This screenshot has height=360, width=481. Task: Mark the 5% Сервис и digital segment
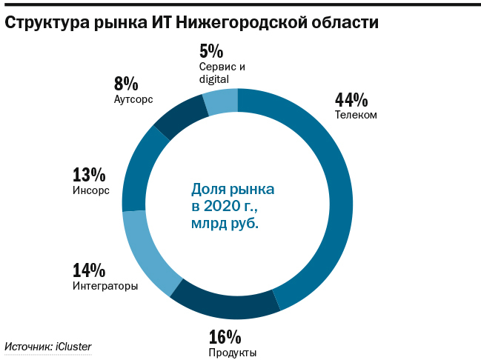pos(221,101)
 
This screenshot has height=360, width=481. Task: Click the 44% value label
pos(351,100)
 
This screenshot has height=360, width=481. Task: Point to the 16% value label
pos(225,337)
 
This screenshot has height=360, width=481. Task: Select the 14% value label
pos(88,270)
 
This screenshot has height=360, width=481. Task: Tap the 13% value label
pos(88,176)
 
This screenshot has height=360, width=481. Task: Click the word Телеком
pos(356,115)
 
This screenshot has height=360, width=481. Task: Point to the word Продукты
pos(233,353)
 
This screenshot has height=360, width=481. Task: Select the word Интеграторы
pos(105,286)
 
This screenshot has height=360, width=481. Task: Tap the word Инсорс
pos(90,190)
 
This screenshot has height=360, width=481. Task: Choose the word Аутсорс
pos(133,99)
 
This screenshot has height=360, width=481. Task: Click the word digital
pos(214,79)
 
